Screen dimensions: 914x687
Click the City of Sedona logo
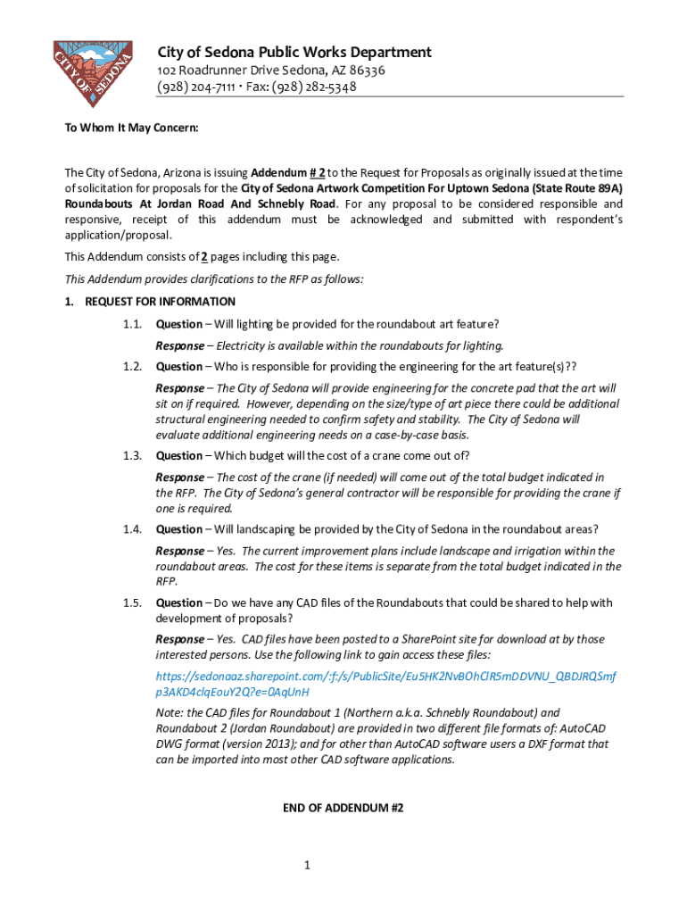tap(93, 72)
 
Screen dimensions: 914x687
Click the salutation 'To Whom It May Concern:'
tap(131, 129)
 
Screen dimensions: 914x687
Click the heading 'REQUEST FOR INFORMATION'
tap(160, 302)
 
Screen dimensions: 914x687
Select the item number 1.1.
tap(133, 324)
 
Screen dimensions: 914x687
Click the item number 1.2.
tap(133, 366)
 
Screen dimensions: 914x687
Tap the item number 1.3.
tap(133, 455)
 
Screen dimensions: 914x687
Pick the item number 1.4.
tap(133, 529)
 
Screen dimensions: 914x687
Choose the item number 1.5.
tap(133, 603)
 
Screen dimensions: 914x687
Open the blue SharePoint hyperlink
tap(385, 684)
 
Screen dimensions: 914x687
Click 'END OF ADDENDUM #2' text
tap(343, 808)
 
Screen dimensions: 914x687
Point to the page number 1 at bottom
tap(306, 866)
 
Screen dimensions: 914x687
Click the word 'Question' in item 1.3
tap(179, 455)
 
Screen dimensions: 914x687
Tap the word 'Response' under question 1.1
tap(179, 345)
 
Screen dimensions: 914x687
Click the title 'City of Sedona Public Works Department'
tap(294, 52)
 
